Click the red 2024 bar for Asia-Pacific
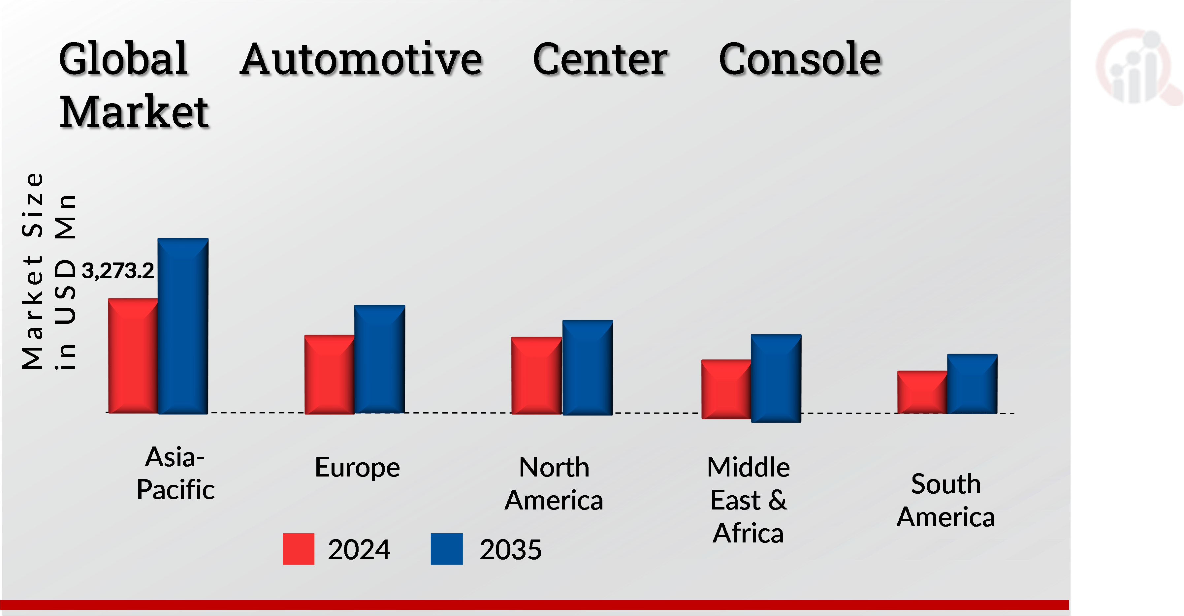(133, 356)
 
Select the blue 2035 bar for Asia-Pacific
(183, 326)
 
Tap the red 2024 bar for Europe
(329, 374)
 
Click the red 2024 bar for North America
(536, 375)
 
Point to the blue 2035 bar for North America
(588, 367)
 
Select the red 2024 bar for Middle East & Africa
(726, 389)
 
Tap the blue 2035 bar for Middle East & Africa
(776, 378)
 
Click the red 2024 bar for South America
(922, 392)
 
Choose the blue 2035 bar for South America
(972, 384)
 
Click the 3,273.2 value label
(118, 271)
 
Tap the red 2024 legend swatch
(298, 549)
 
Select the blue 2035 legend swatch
(446, 549)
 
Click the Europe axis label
(357, 468)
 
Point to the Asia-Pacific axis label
(175, 473)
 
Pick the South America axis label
(946, 501)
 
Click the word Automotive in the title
(361, 60)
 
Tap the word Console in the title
(800, 60)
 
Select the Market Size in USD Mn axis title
(48, 271)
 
